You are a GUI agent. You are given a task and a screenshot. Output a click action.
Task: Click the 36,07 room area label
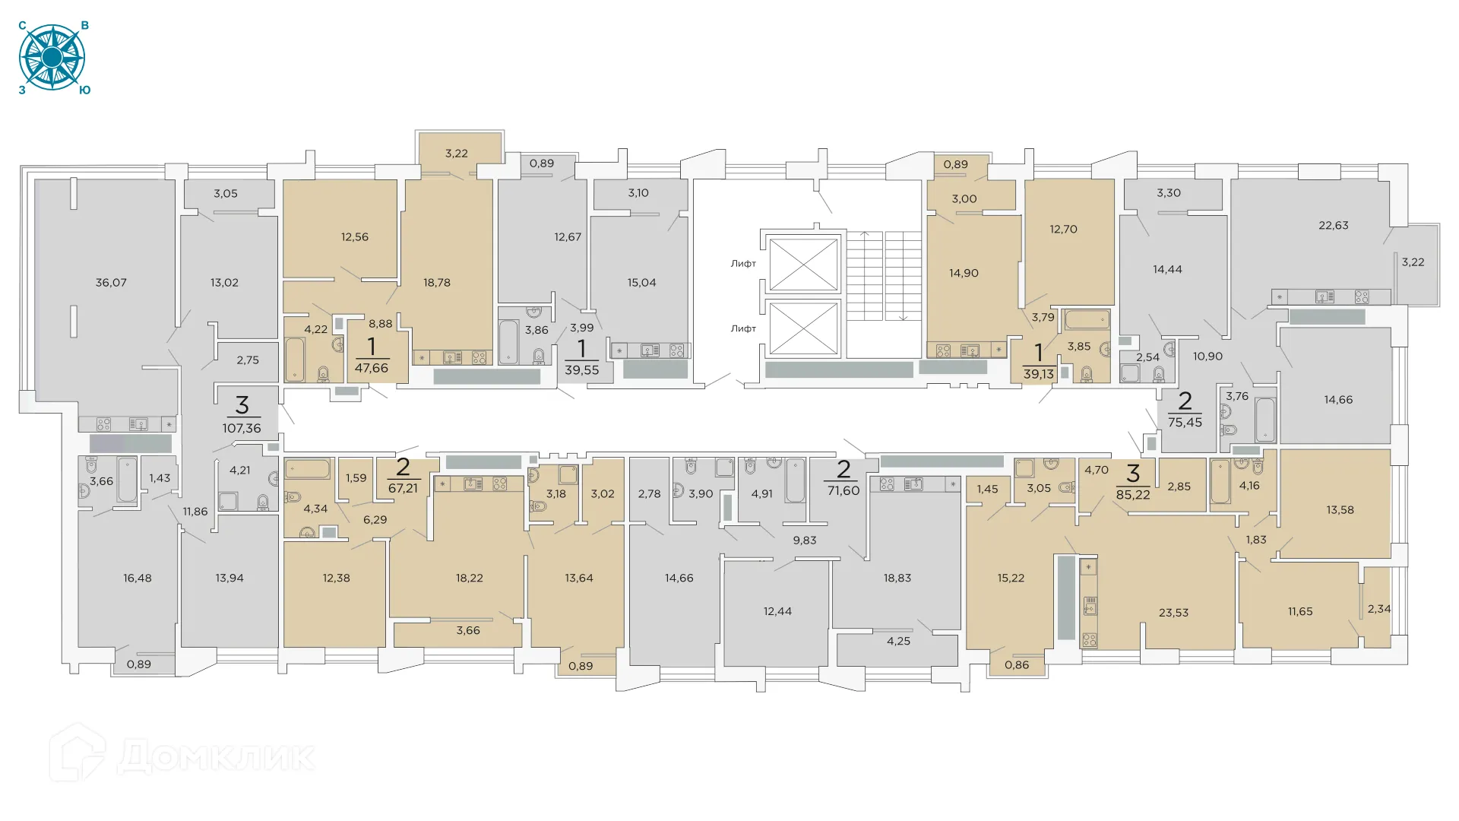pyautogui.click(x=111, y=283)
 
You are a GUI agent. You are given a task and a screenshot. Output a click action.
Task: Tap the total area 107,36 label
pyautogui.click(x=242, y=429)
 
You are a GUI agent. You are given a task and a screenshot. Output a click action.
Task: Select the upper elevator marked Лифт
pyautogui.click(x=803, y=264)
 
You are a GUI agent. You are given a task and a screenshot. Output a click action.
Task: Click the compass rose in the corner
pyautogui.click(x=52, y=58)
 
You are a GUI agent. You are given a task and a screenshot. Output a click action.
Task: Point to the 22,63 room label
pyautogui.click(x=1333, y=226)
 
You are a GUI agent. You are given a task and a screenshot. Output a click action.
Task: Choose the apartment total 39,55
pyautogui.click(x=581, y=371)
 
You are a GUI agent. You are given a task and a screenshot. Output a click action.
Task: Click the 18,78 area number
pyautogui.click(x=437, y=283)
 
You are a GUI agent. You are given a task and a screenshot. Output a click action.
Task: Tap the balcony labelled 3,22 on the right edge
pyautogui.click(x=1413, y=262)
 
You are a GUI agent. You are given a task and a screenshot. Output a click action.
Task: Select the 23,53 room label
pyautogui.click(x=1173, y=613)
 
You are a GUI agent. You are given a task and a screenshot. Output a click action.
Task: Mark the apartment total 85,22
pyautogui.click(x=1132, y=495)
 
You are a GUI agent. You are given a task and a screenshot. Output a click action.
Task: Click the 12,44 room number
pyautogui.click(x=777, y=611)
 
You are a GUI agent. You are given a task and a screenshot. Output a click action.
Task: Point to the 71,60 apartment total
pyautogui.click(x=843, y=491)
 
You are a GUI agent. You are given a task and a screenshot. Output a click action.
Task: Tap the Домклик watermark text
pyautogui.click(x=216, y=756)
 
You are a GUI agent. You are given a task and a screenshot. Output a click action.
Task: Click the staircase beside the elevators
pyautogui.click(x=884, y=275)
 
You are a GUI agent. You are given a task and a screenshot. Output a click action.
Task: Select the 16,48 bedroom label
pyautogui.click(x=138, y=579)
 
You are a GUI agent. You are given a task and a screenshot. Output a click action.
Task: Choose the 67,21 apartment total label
pyautogui.click(x=403, y=489)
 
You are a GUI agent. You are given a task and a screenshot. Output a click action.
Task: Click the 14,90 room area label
pyautogui.click(x=964, y=274)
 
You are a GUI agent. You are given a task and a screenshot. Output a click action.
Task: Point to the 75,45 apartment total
pyautogui.click(x=1185, y=423)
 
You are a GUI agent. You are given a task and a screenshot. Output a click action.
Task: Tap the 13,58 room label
pyautogui.click(x=1340, y=510)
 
